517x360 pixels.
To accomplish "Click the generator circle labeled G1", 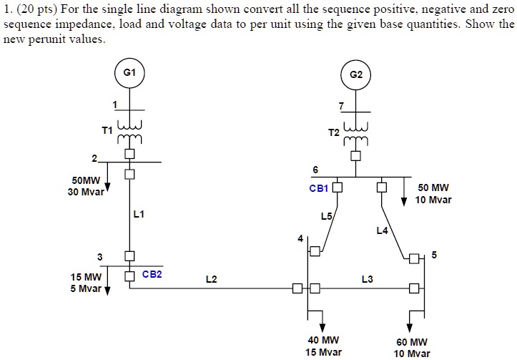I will point(129,72).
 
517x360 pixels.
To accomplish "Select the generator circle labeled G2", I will point(356,74).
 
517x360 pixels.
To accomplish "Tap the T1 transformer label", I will point(107,131).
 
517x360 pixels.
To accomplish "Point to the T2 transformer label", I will point(333,133).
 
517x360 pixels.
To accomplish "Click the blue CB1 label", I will point(318,189).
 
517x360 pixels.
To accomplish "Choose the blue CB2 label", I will point(152,274).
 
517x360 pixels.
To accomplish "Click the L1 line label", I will point(139,214).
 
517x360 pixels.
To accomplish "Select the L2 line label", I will point(211,279).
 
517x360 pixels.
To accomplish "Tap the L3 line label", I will point(367,279).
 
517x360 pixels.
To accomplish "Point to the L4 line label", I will point(382,230).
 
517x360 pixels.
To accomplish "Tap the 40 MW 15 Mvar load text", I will point(323,346).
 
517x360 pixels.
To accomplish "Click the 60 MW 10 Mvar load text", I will point(413,347).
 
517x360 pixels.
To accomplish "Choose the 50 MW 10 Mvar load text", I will point(434,193).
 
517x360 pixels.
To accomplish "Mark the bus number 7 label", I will point(341,106).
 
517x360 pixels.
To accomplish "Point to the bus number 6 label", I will point(315,169).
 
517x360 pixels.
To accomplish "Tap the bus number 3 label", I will point(100,256).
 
